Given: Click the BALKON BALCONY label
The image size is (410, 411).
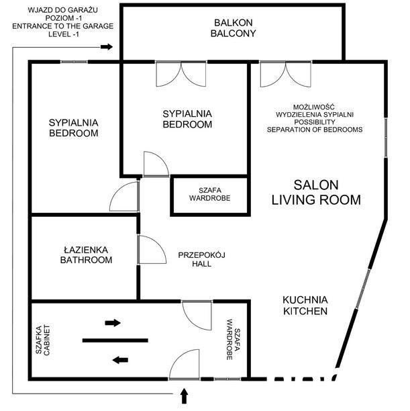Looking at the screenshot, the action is point(233,28).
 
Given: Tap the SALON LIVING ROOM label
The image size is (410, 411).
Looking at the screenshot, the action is point(316,192).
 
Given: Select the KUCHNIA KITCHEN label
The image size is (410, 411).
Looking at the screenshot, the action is point(305,306).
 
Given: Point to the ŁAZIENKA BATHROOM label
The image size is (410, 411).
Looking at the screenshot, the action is point(86,255).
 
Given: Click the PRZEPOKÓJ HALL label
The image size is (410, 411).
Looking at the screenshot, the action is point(202,259).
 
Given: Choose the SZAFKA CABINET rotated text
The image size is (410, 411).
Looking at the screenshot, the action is point(42,340).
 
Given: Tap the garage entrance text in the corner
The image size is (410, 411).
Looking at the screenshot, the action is point(63,22).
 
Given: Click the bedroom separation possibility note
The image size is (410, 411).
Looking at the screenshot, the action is point(315,118).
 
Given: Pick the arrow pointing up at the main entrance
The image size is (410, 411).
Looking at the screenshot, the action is point(184,396).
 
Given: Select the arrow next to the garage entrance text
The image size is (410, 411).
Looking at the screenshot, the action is point(107,47).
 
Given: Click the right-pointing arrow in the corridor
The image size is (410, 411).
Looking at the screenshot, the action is point(113,322).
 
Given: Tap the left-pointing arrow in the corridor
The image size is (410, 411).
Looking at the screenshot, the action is point(120,360).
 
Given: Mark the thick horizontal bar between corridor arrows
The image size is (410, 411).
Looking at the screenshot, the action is point(115,340).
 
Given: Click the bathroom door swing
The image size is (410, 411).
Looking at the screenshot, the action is point(152,250).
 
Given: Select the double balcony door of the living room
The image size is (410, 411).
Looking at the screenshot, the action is point(286,74).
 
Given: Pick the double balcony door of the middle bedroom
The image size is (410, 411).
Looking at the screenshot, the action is point(181,74).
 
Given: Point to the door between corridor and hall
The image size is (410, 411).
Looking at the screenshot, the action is point(197,316).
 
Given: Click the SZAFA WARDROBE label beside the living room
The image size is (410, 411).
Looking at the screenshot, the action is point(210,194).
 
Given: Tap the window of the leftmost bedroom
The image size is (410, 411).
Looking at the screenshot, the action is point(74,62).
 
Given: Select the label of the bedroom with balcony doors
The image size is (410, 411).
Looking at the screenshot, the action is point(187,119).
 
